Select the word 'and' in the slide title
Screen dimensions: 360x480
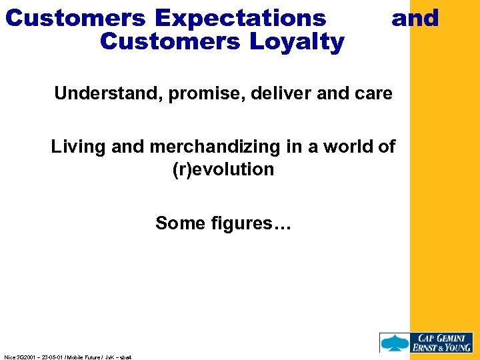[415, 18]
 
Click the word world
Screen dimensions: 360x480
[349, 147]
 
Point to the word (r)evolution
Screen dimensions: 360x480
[223, 169]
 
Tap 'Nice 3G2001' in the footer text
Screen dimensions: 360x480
[18, 357]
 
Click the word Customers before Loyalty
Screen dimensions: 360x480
[169, 42]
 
